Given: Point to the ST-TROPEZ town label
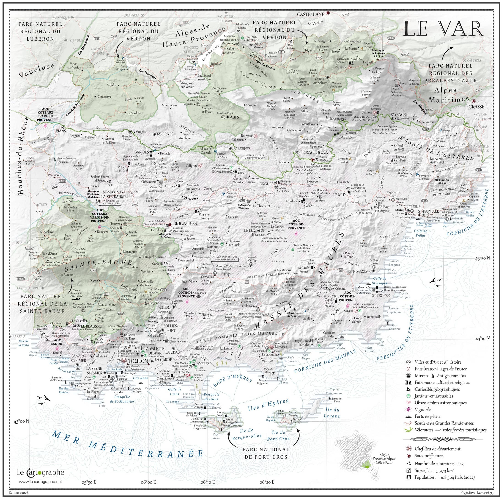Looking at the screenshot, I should [x=381, y=295].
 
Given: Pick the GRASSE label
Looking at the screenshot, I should [x=476, y=107].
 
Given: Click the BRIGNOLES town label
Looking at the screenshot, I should [x=185, y=224].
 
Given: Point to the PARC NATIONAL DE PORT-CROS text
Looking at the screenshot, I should [x=266, y=453].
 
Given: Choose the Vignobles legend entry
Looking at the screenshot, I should [x=423, y=410].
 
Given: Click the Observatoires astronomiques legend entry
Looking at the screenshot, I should [x=440, y=403].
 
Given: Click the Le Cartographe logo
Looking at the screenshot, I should [x=40, y=472].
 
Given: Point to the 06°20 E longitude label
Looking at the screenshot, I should [x=267, y=482].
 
